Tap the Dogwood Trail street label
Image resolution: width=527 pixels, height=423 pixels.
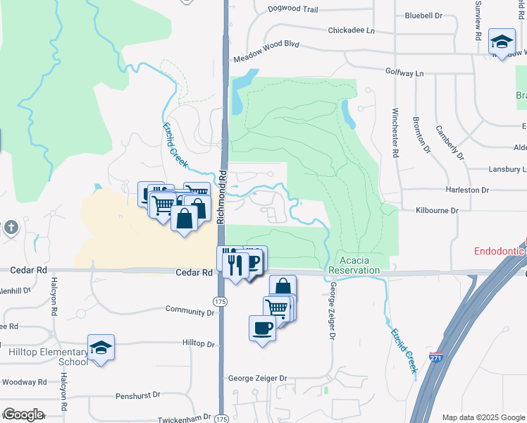292,10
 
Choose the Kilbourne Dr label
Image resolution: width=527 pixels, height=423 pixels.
437,211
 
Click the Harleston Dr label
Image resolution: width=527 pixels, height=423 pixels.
466,190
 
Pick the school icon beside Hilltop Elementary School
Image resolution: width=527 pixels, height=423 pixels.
101,348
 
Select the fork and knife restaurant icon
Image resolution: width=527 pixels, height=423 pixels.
235,264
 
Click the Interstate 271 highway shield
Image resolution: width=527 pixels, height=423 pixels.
436,358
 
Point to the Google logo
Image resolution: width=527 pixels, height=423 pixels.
23,415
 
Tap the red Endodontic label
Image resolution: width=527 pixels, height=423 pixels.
500,251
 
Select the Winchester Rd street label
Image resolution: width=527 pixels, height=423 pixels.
395,133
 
